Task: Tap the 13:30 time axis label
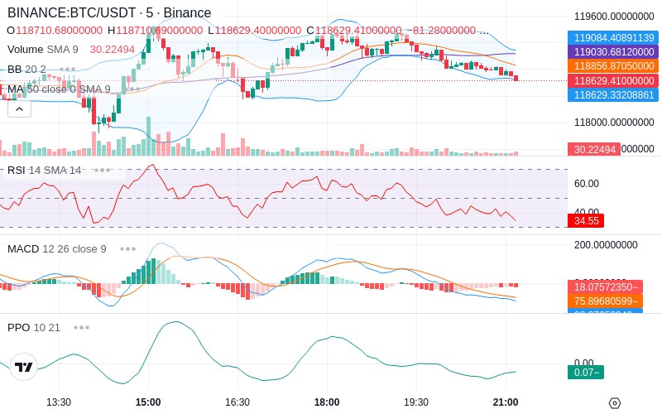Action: point(59,402)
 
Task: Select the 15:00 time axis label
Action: point(148,402)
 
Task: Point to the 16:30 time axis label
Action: point(237,402)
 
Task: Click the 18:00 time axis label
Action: point(327,402)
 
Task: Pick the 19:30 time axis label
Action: point(416,402)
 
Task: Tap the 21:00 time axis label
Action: point(506,402)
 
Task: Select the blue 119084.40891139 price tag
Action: point(613,37)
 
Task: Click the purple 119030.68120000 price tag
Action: point(613,51)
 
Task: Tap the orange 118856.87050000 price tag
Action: point(613,65)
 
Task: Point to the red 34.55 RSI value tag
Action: point(586,221)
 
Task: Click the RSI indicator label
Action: point(16,170)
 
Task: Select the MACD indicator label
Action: point(23,248)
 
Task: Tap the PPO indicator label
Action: point(18,327)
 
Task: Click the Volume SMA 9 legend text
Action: point(42,49)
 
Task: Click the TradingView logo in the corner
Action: point(24,367)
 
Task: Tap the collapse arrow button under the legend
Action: point(19,108)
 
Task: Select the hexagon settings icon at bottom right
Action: point(614,402)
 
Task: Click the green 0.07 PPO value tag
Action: point(585,373)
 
